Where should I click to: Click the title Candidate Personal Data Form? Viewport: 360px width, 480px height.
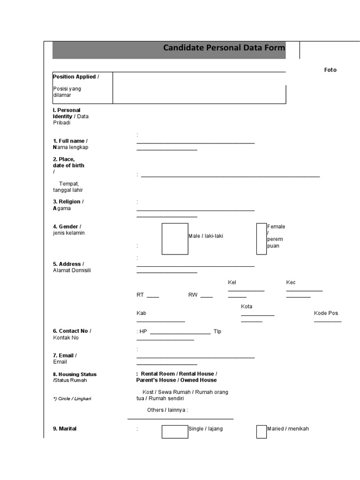[x=224, y=48]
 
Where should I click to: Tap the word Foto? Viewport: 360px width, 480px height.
[x=330, y=70]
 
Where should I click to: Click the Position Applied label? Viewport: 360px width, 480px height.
[x=75, y=77]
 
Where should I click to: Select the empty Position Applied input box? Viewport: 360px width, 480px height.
[x=199, y=88]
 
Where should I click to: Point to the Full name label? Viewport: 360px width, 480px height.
[x=70, y=141]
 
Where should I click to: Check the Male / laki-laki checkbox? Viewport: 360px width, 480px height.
[x=175, y=239]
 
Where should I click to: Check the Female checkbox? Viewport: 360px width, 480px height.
[x=261, y=239]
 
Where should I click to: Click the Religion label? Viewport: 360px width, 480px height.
[x=68, y=202]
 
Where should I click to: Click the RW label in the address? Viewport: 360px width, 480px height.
[x=193, y=295]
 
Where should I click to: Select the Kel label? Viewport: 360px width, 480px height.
[x=232, y=282]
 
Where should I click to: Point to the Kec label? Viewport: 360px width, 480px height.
[x=291, y=282]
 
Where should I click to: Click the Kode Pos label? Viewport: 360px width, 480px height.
[x=326, y=313]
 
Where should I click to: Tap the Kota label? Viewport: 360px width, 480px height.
[x=247, y=307]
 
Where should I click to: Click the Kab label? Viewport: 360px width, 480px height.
[x=141, y=313]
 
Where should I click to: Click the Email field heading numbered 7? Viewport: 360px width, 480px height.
[x=65, y=355]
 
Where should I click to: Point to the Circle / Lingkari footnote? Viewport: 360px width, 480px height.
[x=72, y=398]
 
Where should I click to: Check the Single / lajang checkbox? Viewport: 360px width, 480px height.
[x=175, y=432]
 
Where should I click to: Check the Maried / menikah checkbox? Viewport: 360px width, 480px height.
[x=261, y=432]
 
